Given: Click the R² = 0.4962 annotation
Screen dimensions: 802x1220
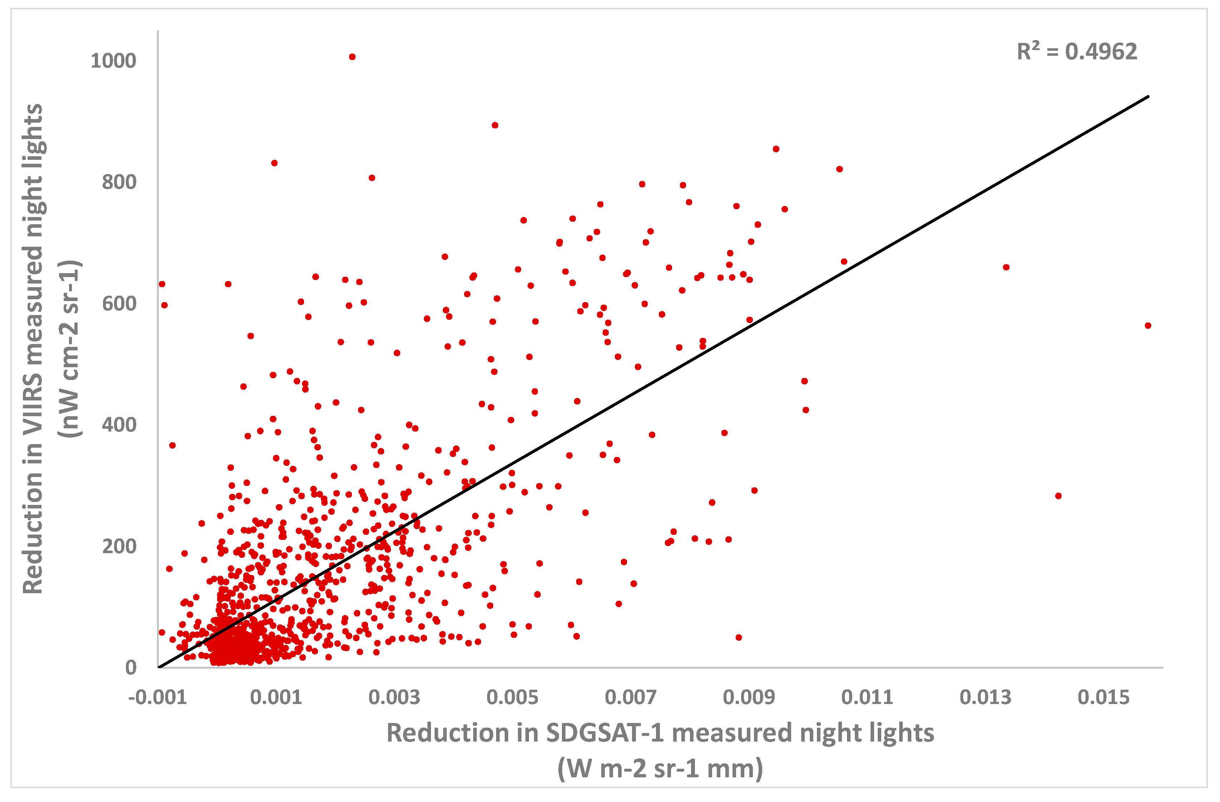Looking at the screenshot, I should (x=1077, y=52).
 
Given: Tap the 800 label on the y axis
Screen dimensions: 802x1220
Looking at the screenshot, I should (x=119, y=182).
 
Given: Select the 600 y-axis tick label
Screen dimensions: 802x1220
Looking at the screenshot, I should (x=119, y=303).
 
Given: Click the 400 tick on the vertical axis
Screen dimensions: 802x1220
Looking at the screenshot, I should (x=119, y=425).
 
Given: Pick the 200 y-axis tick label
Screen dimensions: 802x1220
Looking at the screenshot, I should (x=119, y=546).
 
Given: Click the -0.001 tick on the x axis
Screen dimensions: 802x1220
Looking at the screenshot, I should (x=157, y=698).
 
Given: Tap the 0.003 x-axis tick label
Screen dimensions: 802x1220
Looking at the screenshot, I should (x=394, y=698).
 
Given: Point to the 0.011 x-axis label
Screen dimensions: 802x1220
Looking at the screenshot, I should (x=867, y=698).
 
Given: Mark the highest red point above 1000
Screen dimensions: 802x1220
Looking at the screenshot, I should (x=352, y=57).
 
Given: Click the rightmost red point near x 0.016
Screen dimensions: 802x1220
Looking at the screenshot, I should (x=1148, y=325).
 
